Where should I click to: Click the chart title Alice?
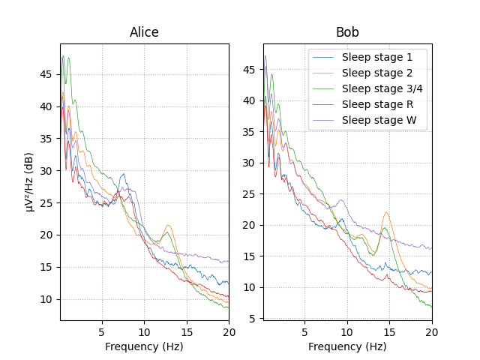tap(144, 32)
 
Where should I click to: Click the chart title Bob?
tap(347, 32)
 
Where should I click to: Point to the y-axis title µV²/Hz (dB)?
tap(30, 182)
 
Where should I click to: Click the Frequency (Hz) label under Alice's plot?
tap(144, 346)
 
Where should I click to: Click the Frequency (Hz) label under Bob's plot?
tap(347, 346)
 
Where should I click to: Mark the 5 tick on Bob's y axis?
tap(255, 319)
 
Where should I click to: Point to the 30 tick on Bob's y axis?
tap(252, 163)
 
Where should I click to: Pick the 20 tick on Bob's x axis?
tap(432, 331)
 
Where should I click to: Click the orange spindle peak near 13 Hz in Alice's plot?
tap(168, 225)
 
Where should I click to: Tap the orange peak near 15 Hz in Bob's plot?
tap(386, 212)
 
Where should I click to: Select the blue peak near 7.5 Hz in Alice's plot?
tap(123, 175)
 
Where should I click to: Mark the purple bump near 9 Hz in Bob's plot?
tap(340, 199)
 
